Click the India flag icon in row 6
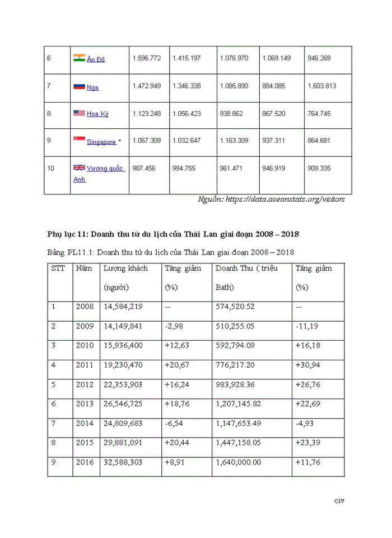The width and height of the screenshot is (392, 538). tap(79, 58)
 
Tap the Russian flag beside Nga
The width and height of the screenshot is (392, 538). tap(79, 86)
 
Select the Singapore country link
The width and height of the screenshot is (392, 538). tap(101, 142)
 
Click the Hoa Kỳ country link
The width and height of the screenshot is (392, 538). tap(97, 114)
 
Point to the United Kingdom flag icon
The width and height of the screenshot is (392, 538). tap(79, 168)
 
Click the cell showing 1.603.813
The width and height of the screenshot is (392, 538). tap(322, 86)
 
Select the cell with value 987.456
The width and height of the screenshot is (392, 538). tap(144, 168)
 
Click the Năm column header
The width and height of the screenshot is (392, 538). tap(83, 268)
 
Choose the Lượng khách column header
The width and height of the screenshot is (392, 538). tap(125, 268)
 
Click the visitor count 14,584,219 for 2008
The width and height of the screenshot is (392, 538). tap(123, 307)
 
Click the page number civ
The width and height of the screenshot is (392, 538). tap(339, 500)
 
